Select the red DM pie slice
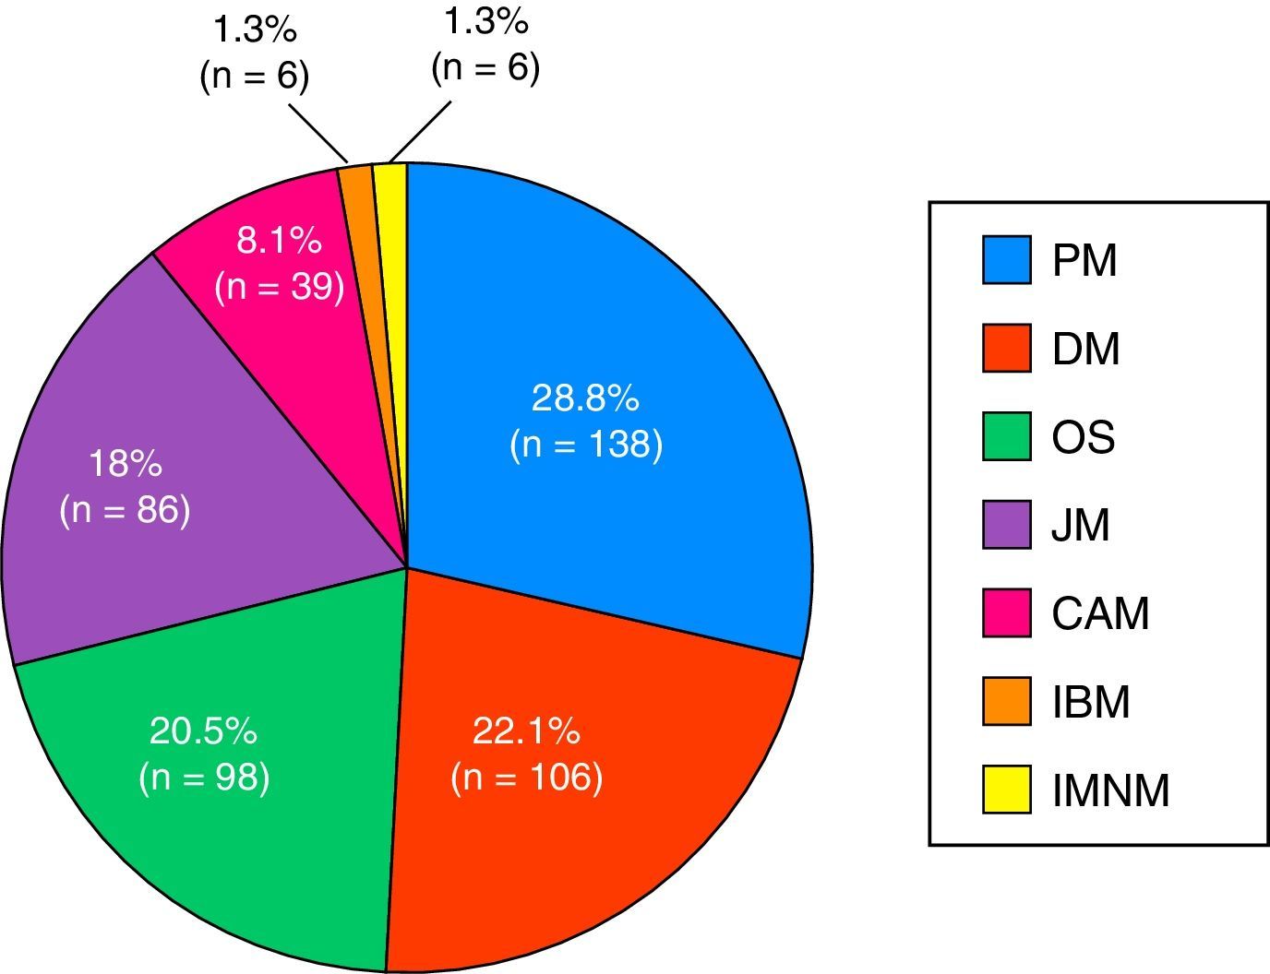click(x=591, y=830)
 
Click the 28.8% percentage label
click(x=585, y=398)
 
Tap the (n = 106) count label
click(x=527, y=778)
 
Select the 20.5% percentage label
click(x=203, y=731)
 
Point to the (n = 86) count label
click(x=125, y=510)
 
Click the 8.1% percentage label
click(x=279, y=242)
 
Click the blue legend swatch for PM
click(x=1006, y=260)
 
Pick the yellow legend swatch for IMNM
click(x=1006, y=790)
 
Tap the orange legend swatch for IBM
click(x=1006, y=702)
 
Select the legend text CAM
click(x=1101, y=614)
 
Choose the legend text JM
click(x=1081, y=526)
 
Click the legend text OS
click(x=1084, y=437)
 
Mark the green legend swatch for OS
click(x=1006, y=437)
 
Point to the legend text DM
click(x=1086, y=349)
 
